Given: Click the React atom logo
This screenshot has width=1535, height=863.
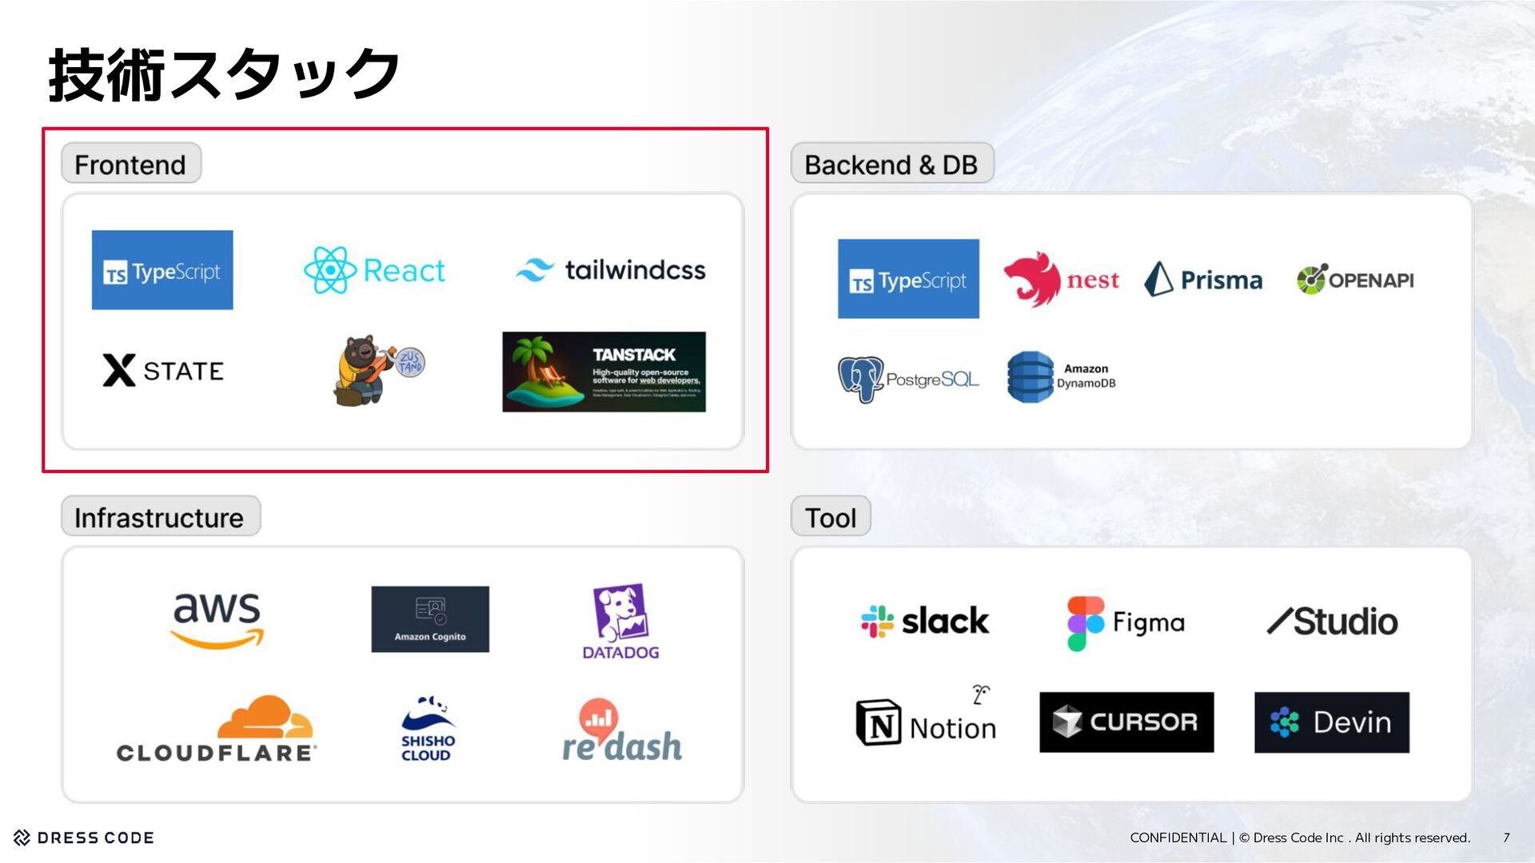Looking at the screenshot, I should tap(329, 270).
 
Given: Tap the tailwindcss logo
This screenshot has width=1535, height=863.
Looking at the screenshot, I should tap(611, 270).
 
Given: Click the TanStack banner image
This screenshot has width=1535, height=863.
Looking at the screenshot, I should tap(604, 372).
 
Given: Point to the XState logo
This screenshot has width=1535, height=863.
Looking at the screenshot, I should tap(163, 370).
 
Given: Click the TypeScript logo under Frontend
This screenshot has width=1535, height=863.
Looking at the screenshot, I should tap(162, 270).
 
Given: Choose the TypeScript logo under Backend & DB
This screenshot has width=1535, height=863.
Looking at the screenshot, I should tap(908, 279).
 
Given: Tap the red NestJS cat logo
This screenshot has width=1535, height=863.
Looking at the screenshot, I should tap(1032, 279).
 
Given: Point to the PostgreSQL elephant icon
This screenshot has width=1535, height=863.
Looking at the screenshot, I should tap(860, 379).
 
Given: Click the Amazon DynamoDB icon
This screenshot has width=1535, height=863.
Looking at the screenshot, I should tap(1031, 376).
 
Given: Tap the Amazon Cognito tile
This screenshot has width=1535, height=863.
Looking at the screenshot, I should tap(430, 619).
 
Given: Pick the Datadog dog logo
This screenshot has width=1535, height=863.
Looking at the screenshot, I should tap(620, 613).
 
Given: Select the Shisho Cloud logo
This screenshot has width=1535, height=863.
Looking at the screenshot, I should tap(428, 728).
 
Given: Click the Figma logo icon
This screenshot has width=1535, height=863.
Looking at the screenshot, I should tap(1085, 623).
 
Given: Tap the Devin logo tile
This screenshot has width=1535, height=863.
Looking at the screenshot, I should tap(1331, 722).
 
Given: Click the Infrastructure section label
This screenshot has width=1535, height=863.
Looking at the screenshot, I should tap(160, 517).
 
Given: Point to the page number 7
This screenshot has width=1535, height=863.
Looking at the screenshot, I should tap(1506, 837).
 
